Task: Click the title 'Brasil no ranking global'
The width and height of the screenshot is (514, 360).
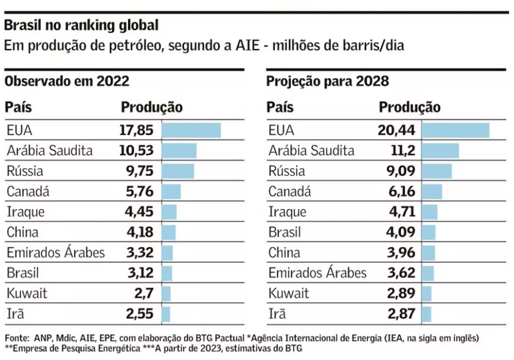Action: pos(81,25)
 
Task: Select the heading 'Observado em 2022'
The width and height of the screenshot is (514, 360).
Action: pos(67,82)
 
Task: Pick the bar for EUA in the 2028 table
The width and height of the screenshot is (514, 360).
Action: pos(455,131)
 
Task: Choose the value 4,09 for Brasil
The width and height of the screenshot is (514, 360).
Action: pos(400,232)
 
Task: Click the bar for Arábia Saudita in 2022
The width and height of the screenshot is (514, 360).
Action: pos(179,151)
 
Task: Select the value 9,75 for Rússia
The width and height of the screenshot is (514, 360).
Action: pos(138,171)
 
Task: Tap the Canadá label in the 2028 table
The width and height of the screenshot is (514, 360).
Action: pos(289,192)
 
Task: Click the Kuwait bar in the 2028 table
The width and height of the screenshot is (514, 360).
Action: pos(426,293)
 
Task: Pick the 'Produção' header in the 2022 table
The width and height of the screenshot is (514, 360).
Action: pos(151,108)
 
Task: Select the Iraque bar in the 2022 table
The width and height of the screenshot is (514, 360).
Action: pos(169,212)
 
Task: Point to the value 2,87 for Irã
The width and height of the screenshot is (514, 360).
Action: pos(400,313)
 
